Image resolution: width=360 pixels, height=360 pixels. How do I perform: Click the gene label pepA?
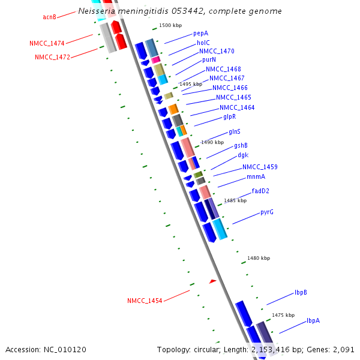pyautogui.click(x=201, y=34)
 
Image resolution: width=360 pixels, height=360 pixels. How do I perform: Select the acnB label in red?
pyautogui.click(x=50, y=17)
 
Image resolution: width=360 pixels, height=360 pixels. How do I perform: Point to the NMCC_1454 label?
pyautogui.click(x=145, y=301)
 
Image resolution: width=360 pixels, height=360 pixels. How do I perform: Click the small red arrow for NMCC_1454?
pyautogui.click(x=212, y=281)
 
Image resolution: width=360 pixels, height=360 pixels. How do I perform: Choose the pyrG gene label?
pyautogui.click(x=267, y=212)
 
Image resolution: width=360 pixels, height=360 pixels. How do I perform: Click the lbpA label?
pyautogui.click(x=313, y=320)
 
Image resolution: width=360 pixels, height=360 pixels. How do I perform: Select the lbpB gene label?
pyautogui.click(x=301, y=292)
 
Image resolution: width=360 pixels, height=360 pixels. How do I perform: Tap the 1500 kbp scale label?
pyautogui.click(x=170, y=26)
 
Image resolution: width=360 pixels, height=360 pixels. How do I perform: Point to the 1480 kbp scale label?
pyautogui.click(x=259, y=258)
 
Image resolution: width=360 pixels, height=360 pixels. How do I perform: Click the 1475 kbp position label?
pyautogui.click(x=283, y=315)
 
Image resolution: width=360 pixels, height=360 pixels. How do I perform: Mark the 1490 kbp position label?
pyautogui.click(x=212, y=142)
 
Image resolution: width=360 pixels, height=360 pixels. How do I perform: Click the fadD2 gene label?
pyautogui.click(x=260, y=191)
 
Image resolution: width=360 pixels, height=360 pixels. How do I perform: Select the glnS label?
pyautogui.click(x=235, y=131)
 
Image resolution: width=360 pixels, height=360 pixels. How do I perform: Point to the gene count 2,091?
pyautogui.click(x=343, y=349)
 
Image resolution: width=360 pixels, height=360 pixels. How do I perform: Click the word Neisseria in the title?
pyautogui.click(x=98, y=11)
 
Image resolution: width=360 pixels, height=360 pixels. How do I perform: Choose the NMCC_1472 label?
pyautogui.click(x=52, y=57)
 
